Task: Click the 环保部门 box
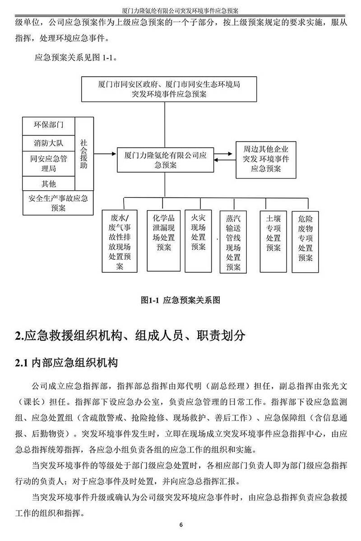(49, 126)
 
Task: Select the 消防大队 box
(49, 143)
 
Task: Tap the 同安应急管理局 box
(49, 164)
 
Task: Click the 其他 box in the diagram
(49, 183)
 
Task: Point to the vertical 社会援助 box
(84, 154)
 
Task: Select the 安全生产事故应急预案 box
(58, 203)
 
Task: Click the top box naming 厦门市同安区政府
(169, 89)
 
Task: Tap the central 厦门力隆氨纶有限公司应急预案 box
(166, 160)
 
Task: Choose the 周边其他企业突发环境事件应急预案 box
(266, 160)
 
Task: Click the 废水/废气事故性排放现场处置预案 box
(120, 241)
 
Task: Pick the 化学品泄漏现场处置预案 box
(164, 241)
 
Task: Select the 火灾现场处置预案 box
(198, 241)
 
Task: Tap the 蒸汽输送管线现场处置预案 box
(233, 242)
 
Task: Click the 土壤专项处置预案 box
(273, 242)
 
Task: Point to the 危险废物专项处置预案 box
(305, 242)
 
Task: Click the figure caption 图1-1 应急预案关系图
(180, 300)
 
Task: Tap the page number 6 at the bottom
(181, 525)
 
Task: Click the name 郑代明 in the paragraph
(189, 386)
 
